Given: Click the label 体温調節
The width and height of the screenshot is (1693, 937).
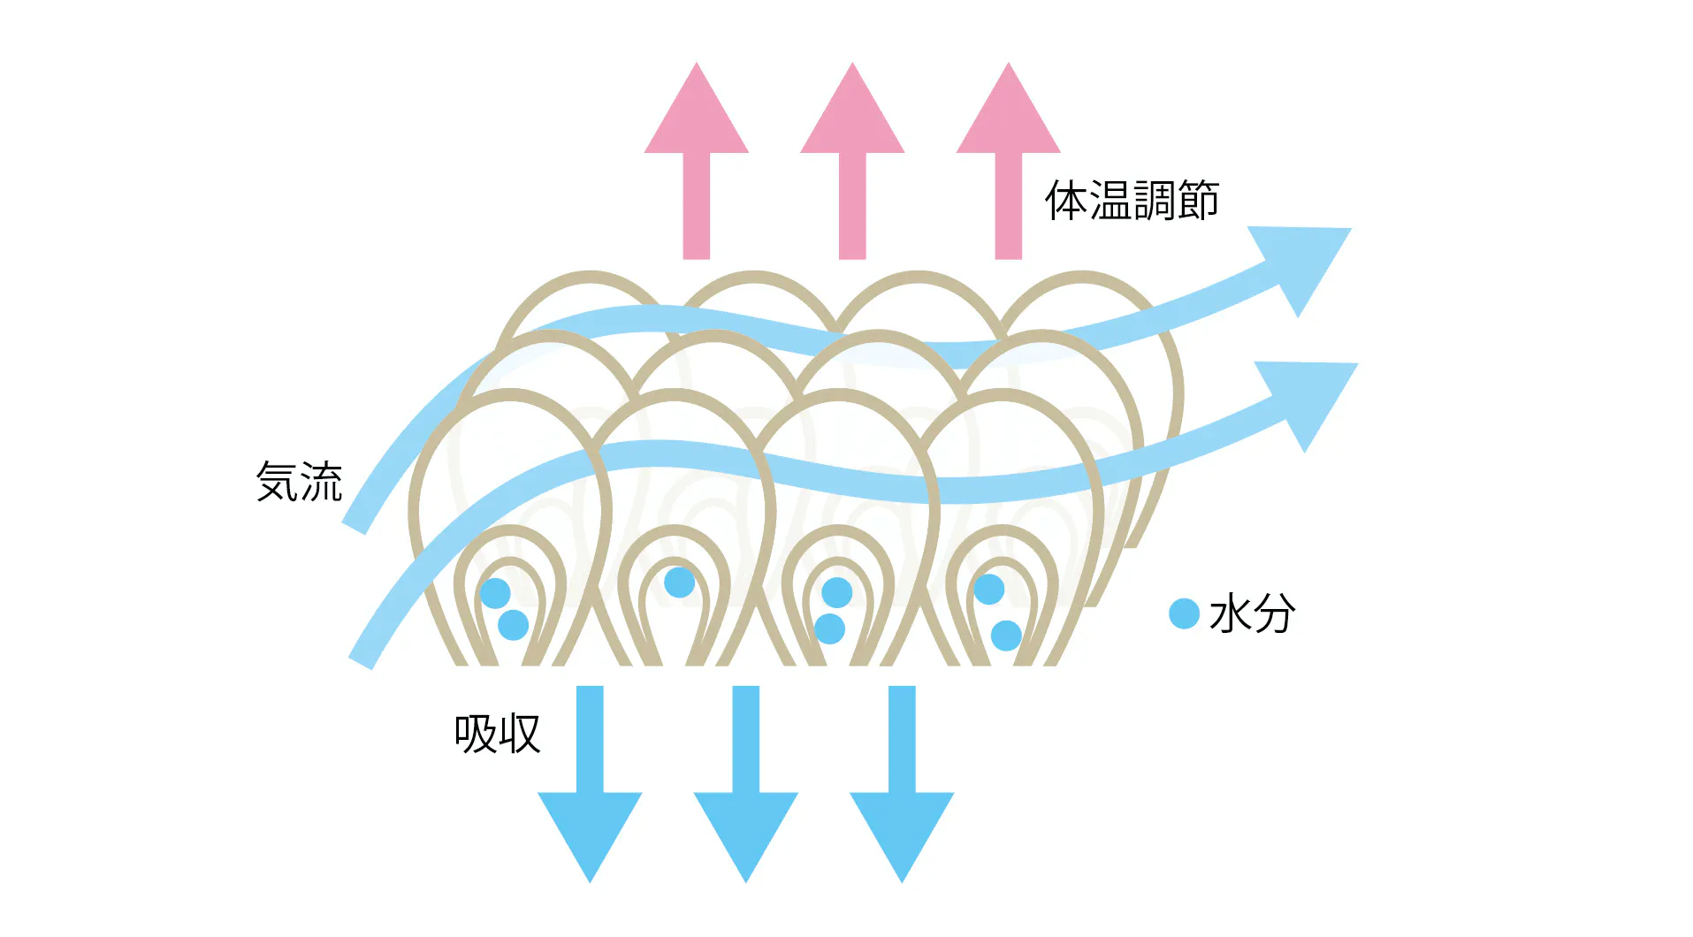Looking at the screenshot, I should [1132, 201].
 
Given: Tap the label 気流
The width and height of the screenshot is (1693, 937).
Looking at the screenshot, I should [299, 483].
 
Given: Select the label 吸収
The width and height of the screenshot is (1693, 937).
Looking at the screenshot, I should [497, 734].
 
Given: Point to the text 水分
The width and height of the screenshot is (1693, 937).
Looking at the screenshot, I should [1252, 613].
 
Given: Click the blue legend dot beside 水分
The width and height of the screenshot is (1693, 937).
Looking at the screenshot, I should [1184, 613].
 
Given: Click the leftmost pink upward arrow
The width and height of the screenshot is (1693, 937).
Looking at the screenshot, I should [697, 159].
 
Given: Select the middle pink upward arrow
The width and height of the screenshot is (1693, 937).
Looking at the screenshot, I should [852, 159].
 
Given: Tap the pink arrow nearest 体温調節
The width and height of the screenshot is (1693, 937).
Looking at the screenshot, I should [1008, 159].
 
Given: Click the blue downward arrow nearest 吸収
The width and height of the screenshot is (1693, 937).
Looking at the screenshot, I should [590, 787].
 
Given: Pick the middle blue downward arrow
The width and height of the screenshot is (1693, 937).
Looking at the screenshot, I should [746, 787].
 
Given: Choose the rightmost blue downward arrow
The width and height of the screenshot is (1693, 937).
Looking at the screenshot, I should [902, 787].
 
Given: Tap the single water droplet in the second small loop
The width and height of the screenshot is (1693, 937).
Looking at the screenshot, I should [679, 583].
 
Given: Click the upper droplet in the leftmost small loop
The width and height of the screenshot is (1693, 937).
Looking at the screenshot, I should [495, 593].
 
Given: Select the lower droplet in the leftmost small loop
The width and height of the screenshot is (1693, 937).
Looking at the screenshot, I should [514, 625].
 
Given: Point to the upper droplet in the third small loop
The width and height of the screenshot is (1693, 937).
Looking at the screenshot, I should [836, 592].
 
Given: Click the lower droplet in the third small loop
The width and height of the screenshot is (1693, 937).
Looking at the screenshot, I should [829, 628].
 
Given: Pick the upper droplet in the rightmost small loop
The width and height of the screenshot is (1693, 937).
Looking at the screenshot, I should [988, 589].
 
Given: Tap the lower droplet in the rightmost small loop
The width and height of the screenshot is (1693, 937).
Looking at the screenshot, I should [1006, 635].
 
